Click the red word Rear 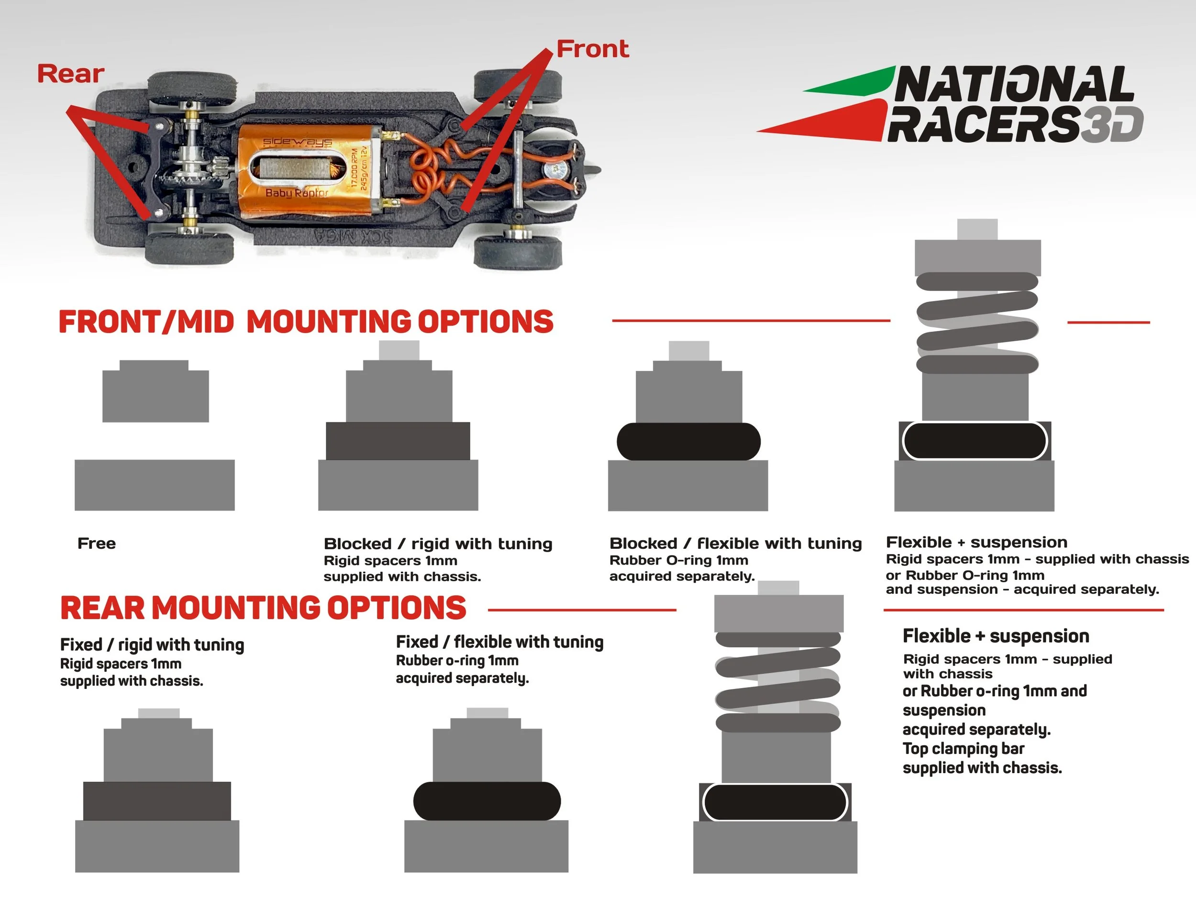click(70, 74)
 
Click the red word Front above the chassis click(593, 49)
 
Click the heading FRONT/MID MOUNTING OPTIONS click(306, 322)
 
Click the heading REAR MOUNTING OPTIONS click(263, 608)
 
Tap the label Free click(97, 544)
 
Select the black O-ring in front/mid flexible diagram click(688, 442)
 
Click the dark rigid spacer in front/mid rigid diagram click(398, 441)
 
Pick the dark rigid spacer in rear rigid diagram click(157, 801)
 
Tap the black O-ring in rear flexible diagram click(487, 801)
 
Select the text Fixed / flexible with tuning click(499, 642)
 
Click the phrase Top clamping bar click(963, 749)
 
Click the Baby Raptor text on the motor click(297, 192)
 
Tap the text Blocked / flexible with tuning click(735, 544)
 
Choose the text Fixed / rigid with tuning click(152, 644)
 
